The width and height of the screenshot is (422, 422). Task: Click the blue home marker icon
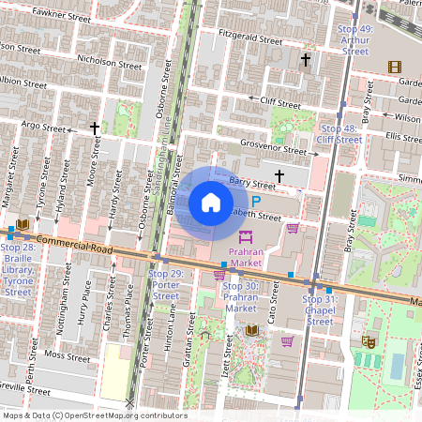pyautogui.click(x=211, y=202)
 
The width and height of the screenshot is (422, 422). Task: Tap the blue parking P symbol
pyautogui.click(x=256, y=201)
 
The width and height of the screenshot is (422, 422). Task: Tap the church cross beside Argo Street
pyautogui.click(x=94, y=128)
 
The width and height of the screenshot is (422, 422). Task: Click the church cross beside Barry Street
pyautogui.click(x=279, y=175)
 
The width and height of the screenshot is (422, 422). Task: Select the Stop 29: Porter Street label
pyautogui.click(x=165, y=284)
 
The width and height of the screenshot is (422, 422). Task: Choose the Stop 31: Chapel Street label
pyautogui.click(x=320, y=309)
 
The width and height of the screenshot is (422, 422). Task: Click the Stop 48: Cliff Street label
pyautogui.click(x=339, y=133)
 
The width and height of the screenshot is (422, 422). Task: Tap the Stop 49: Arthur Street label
pyautogui.click(x=354, y=40)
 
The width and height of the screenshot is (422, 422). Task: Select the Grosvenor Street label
pyautogui.click(x=273, y=148)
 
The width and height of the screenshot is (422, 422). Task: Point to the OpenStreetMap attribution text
pyautogui.click(x=95, y=415)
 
